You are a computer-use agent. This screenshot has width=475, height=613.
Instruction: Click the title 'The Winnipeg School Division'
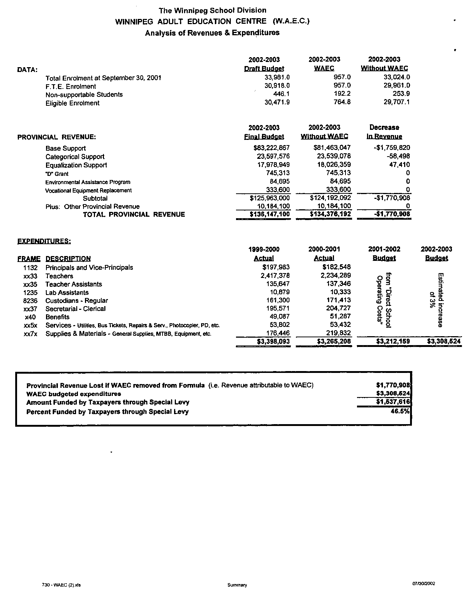[212, 10]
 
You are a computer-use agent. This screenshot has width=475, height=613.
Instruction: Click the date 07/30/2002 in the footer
[423, 583]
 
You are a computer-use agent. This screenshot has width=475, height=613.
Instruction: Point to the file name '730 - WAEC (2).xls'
[62, 585]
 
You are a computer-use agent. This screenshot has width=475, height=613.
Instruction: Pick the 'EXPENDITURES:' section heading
[44, 241]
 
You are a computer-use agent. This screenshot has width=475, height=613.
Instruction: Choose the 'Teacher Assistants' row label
[73, 284]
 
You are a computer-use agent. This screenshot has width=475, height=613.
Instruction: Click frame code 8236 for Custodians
[30, 301]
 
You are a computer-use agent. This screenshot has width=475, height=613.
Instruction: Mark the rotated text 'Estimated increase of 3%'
[436, 300]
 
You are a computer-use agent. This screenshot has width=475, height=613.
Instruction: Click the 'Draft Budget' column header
[264, 69]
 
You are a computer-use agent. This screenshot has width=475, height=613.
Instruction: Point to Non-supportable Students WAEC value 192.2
[342, 94]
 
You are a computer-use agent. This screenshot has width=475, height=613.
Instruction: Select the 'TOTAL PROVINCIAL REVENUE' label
[134, 214]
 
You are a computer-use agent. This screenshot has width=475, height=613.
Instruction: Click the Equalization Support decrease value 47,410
[399, 165]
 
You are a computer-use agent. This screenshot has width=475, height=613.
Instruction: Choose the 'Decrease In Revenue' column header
[384, 132]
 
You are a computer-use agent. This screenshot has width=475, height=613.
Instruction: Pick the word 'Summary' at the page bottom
[237, 585]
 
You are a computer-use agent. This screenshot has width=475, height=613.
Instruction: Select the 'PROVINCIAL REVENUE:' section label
[56, 137]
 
